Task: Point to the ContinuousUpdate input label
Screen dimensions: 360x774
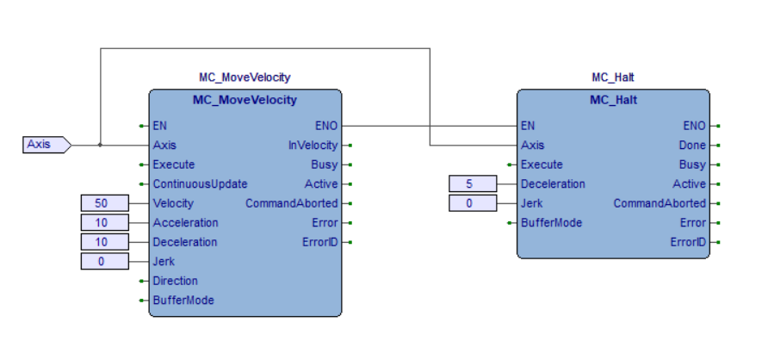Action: pyautogui.click(x=200, y=183)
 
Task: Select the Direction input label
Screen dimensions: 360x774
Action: pyautogui.click(x=175, y=281)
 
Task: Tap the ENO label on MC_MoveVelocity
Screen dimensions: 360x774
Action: pyautogui.click(x=326, y=126)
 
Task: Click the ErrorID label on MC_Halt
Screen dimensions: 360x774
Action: pyautogui.click(x=688, y=242)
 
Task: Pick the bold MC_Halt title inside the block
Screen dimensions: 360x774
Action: pyautogui.click(x=613, y=100)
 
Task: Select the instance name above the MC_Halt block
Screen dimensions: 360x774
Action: pyautogui.click(x=613, y=78)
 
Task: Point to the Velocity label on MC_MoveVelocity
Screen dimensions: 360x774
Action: pyautogui.click(x=173, y=203)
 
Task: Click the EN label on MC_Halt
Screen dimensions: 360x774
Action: pyautogui.click(x=529, y=126)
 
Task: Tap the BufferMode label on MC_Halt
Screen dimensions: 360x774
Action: pyautogui.click(x=551, y=222)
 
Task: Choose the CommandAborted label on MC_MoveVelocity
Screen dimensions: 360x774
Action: pyautogui.click(x=291, y=203)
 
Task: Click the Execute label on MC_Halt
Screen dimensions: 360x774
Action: pyautogui.click(x=542, y=164)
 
